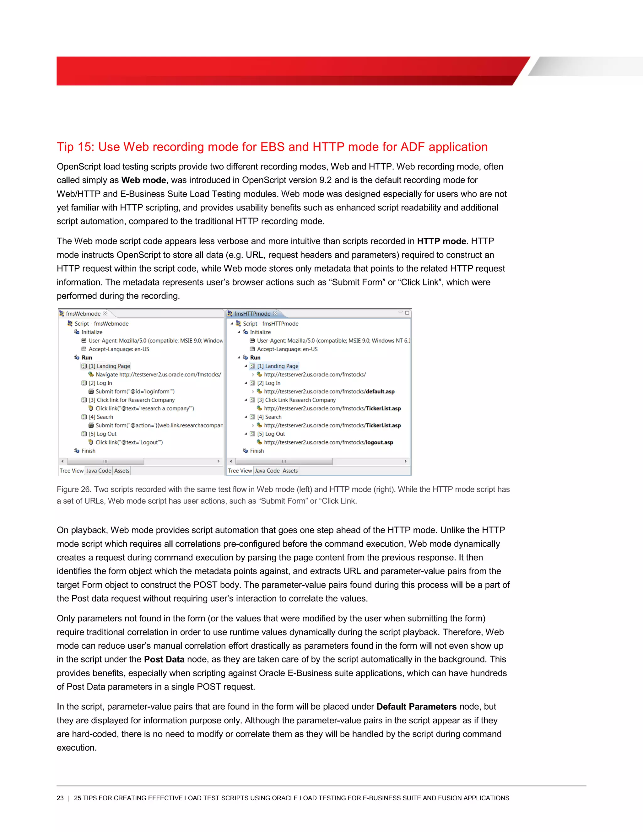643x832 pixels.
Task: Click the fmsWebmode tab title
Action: click(83, 314)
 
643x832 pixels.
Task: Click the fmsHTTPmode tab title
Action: click(252, 314)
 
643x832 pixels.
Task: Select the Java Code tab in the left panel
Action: click(99, 471)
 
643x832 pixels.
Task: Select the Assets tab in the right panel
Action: click(290, 471)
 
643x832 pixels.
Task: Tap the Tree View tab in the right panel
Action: click(240, 471)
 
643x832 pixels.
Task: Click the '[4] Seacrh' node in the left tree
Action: click(101, 417)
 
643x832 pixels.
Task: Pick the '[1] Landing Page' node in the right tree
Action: click(278, 366)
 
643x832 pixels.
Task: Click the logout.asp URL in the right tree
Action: click(328, 442)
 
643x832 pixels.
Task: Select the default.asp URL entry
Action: click(329, 392)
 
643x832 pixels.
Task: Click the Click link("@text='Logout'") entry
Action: click(129, 442)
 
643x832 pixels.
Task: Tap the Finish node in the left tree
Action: click(88, 451)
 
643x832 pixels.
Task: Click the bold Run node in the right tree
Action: click(255, 358)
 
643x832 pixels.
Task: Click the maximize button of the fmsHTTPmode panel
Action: click(407, 313)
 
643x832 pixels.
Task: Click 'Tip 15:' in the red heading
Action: click(75, 147)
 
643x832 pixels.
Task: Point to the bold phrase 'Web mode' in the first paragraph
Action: click(143, 180)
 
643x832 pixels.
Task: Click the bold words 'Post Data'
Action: click(164, 659)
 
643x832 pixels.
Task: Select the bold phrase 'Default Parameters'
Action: click(416, 707)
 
